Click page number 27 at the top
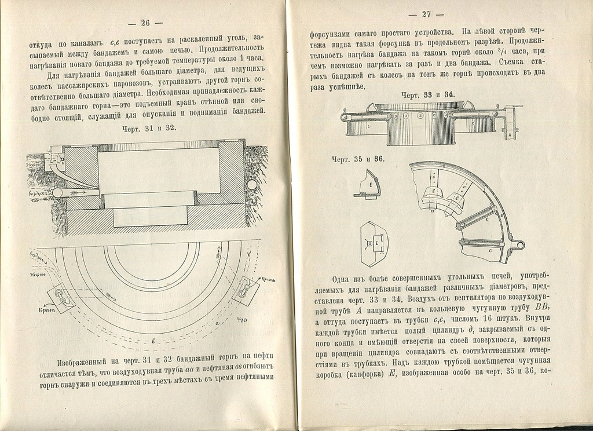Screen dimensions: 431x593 pyautogui.click(x=426, y=14)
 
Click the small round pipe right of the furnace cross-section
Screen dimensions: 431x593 pyautogui.click(x=252, y=185)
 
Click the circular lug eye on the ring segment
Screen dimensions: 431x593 pyautogui.click(x=520, y=245)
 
